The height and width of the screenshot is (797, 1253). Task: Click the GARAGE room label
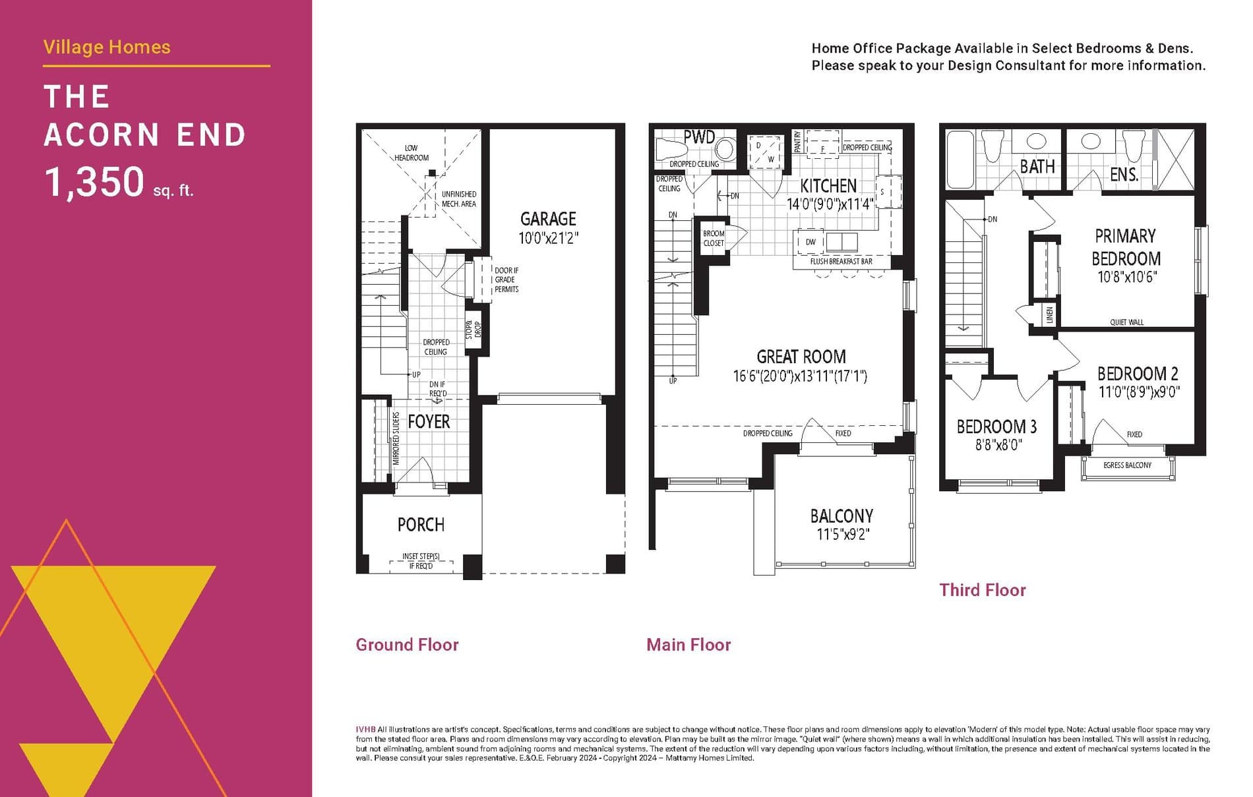pos(548,219)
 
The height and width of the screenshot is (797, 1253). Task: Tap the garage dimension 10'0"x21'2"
pos(548,238)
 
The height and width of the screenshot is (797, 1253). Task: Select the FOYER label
pos(429,422)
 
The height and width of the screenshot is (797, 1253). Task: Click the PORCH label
pos(421,525)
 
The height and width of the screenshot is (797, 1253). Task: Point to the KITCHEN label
pos(828,186)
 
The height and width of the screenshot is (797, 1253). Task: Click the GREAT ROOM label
pos(801,357)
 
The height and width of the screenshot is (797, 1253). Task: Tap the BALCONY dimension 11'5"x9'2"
pos(842,535)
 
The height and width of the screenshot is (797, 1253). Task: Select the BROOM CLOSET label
pos(714,238)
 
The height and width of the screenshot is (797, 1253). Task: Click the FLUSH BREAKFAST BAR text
pos(841,262)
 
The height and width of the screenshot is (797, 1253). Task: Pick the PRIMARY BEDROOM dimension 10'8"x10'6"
pos(1126,278)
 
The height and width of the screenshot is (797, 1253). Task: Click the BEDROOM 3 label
pos(996,427)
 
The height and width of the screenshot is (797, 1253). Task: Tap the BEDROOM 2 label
pos(1138,374)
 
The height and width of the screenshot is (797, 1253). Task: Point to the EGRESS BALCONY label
pos(1127,465)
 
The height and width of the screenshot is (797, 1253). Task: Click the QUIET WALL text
pos(1126,322)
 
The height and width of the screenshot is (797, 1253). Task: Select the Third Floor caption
pos(983,590)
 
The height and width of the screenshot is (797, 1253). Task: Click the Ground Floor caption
pos(407,645)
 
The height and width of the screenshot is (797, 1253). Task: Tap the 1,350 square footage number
pos(94,182)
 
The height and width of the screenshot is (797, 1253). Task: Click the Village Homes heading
pos(107,47)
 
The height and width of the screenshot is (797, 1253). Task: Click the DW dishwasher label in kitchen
pos(810,242)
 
